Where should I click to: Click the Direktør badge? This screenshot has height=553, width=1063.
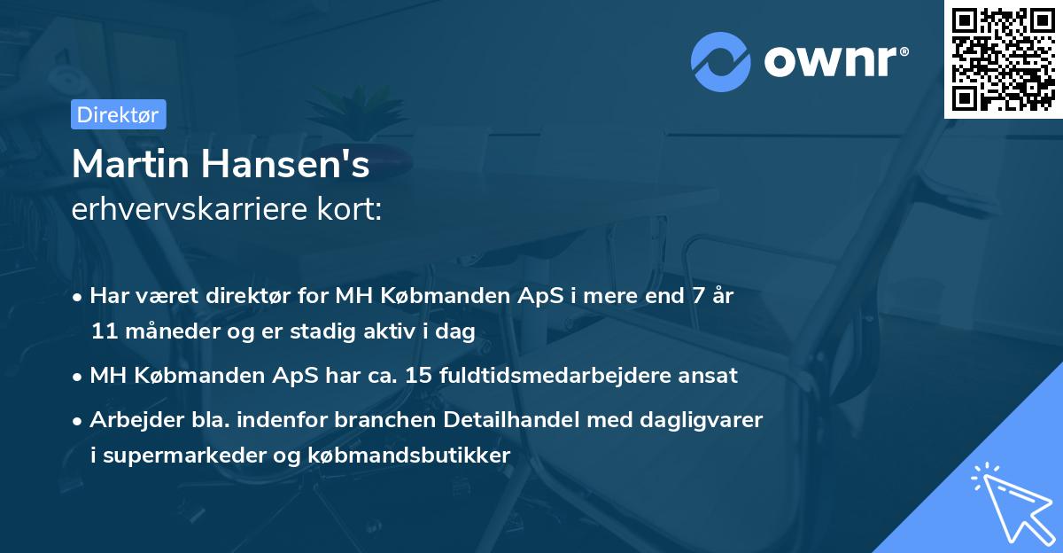click(118, 114)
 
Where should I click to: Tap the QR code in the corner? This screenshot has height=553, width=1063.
click(1003, 58)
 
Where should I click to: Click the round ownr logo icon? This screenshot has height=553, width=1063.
click(722, 62)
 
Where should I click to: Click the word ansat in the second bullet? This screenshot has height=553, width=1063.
click(710, 376)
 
